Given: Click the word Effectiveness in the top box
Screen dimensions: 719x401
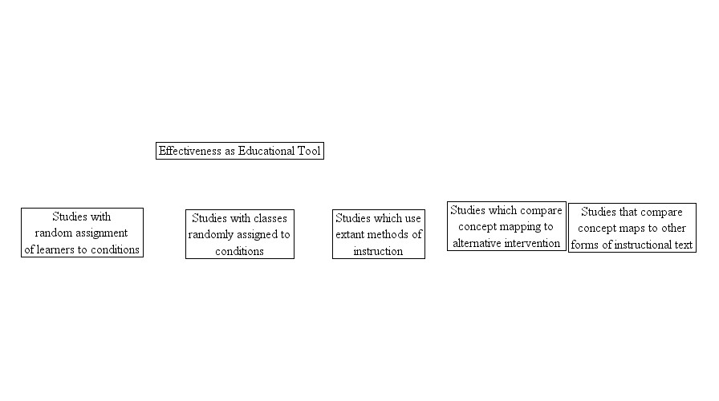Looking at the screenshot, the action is [x=190, y=151].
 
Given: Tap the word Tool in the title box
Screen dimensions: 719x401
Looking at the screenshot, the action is [x=309, y=151].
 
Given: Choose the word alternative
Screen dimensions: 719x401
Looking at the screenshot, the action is [x=480, y=243].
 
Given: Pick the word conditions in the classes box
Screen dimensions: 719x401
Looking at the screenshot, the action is [x=239, y=251].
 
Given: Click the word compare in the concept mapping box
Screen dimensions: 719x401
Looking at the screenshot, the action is [x=542, y=211].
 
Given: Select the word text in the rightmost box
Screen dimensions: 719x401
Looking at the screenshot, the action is [x=684, y=245].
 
